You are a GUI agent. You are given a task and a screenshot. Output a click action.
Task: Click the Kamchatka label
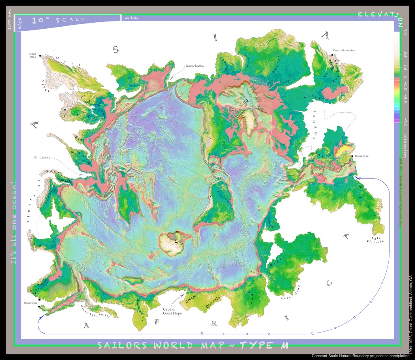tap(195, 66)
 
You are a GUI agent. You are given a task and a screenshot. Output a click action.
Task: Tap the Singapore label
tap(42, 157)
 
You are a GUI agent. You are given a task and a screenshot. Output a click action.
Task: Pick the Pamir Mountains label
tap(344, 51)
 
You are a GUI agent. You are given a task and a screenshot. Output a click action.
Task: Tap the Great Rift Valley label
tap(96, 312)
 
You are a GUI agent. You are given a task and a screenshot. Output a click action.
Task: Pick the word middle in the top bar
tap(131, 18)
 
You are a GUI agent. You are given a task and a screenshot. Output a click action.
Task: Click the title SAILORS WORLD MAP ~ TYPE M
tap(193, 346)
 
